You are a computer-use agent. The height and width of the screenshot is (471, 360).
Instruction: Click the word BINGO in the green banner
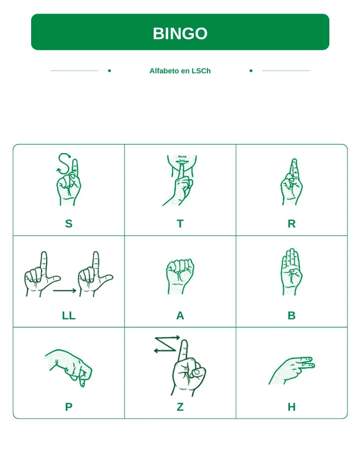click(180, 33)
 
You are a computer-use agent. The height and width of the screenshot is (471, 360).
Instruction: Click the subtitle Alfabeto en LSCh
click(180, 71)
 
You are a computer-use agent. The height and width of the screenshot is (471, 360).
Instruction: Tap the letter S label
click(69, 224)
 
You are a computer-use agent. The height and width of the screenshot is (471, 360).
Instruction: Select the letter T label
click(180, 224)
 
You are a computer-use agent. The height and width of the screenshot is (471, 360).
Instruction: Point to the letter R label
click(292, 224)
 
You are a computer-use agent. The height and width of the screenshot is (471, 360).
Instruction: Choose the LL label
click(69, 316)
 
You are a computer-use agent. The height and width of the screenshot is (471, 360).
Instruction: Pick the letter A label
click(180, 316)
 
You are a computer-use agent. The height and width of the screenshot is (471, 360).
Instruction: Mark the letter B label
click(292, 316)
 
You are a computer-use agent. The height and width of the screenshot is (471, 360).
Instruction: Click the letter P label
click(69, 407)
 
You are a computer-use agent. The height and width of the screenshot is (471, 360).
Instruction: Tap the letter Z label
click(180, 407)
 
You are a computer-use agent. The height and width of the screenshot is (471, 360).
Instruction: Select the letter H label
click(292, 407)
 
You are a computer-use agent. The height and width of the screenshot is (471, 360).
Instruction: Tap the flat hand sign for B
click(291, 272)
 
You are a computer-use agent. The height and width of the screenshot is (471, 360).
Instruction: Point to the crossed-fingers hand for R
click(291, 182)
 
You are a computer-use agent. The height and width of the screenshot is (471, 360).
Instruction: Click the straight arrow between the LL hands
click(65, 290)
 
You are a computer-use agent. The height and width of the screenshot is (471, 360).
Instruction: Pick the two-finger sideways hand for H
click(292, 371)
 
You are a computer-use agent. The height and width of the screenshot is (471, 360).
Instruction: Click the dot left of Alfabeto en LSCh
click(109, 71)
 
